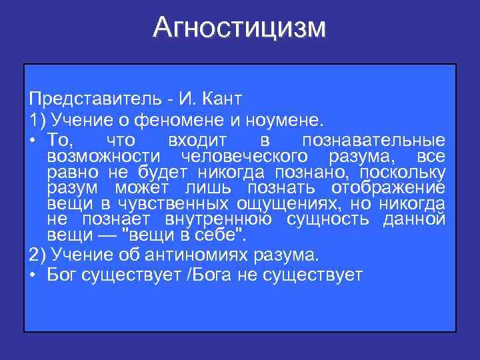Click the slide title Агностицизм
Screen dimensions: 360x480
point(239,28)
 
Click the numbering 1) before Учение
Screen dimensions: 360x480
point(36,120)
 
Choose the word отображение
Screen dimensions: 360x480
point(389,187)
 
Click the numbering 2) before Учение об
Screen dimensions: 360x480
point(36,255)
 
